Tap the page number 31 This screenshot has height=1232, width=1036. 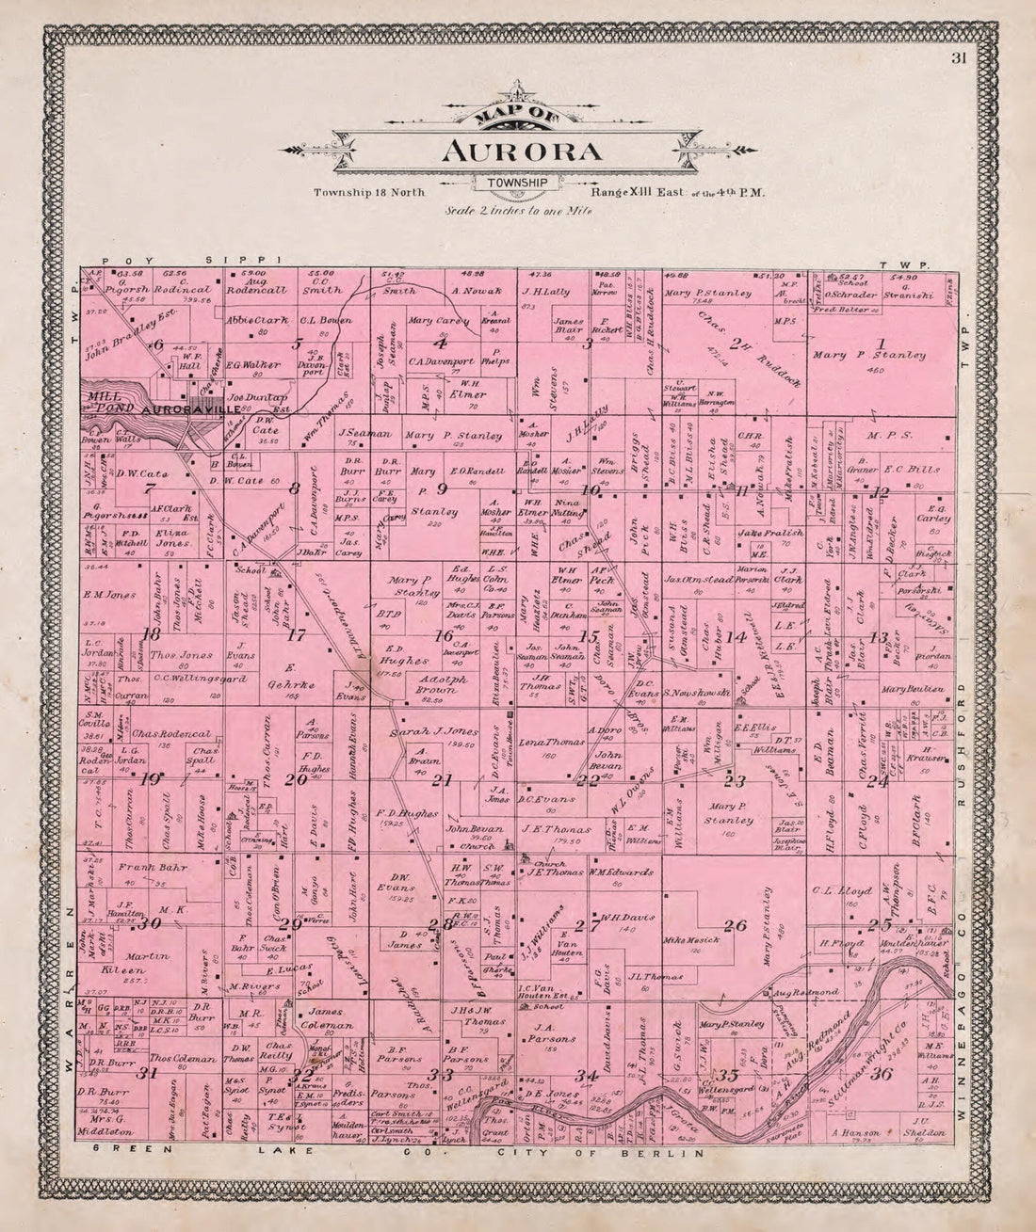point(958,60)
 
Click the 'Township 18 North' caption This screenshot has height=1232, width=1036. point(371,192)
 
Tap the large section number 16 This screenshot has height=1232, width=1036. point(443,636)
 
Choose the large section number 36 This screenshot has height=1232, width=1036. point(882,1074)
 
